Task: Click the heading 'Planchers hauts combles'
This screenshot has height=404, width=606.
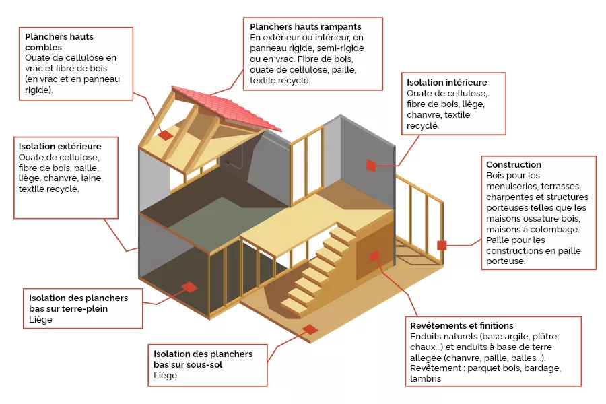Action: pos(59,42)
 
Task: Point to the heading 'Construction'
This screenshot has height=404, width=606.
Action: pos(514,164)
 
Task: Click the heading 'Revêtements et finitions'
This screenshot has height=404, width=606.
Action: pos(461,325)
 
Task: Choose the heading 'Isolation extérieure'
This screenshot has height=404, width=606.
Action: pos(60,146)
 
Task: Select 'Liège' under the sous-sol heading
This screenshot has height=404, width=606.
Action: pos(166,375)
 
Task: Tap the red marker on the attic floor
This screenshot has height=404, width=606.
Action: pos(165,135)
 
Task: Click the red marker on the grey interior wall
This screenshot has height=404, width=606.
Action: pos(370,165)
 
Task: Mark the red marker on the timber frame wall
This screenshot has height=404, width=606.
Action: pos(442,245)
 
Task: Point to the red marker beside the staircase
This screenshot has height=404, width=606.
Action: pos(374,256)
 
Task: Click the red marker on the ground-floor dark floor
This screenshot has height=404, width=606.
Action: pos(189,287)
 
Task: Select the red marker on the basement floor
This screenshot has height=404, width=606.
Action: pos(310,329)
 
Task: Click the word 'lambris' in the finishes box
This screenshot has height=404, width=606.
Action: pos(426,379)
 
